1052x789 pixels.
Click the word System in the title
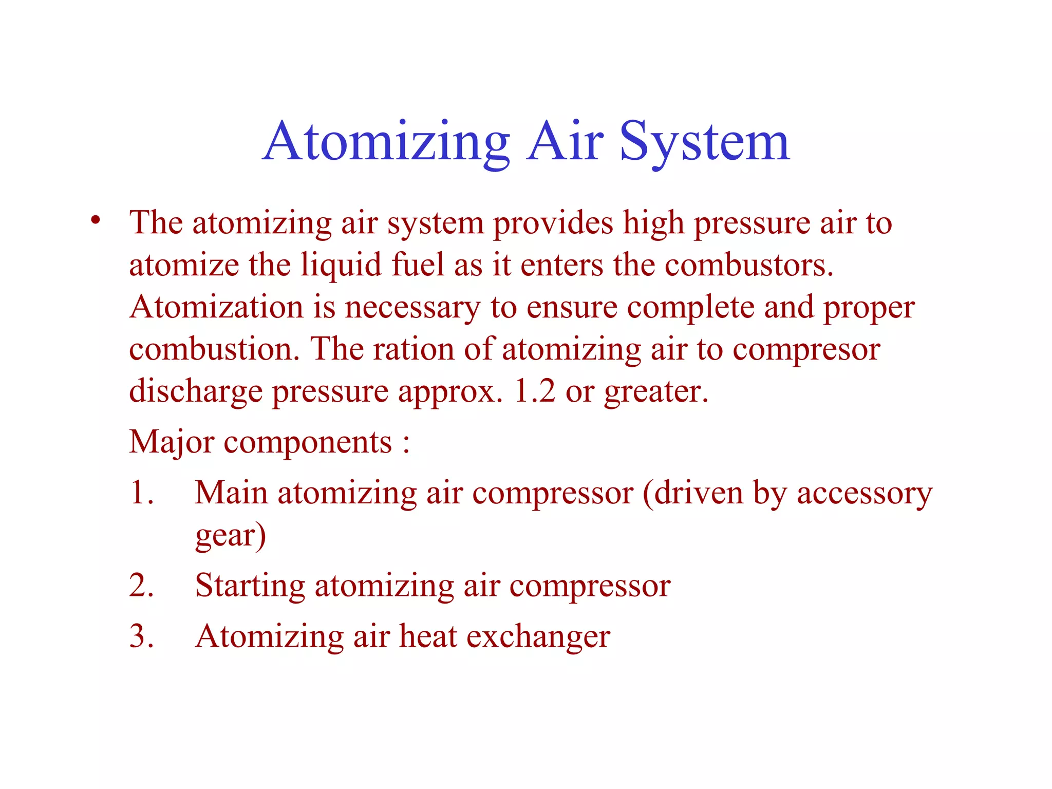point(704,142)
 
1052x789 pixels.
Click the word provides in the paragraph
point(553,223)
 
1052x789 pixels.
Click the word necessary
point(412,308)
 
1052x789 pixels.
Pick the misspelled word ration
point(414,349)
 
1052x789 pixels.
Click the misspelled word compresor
point(806,350)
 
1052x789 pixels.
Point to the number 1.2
point(534,391)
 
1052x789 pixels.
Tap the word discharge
point(196,391)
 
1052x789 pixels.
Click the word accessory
point(864,493)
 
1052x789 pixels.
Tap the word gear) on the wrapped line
point(231,535)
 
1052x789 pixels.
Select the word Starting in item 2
point(250,586)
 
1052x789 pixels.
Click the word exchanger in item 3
point(538,636)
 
